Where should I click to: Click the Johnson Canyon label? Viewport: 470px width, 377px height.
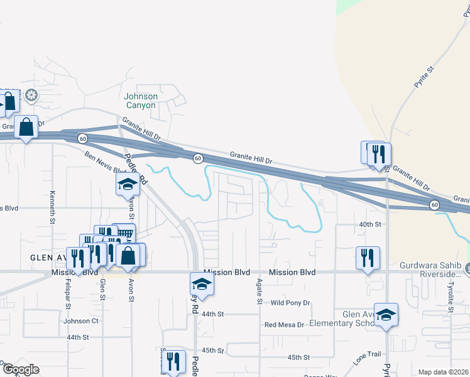[140, 101]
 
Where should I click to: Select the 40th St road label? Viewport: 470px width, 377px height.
[370, 224]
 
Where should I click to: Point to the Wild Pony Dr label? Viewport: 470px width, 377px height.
[290, 303]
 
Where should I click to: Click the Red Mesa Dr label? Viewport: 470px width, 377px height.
[284, 325]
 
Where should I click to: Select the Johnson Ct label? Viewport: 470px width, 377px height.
[81, 321]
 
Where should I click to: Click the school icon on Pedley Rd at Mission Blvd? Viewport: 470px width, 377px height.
[202, 284]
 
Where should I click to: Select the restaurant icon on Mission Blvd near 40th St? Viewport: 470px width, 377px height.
[368, 257]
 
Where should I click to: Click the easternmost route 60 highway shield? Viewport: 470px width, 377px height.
[434, 205]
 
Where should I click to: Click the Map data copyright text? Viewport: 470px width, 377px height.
[443, 372]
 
